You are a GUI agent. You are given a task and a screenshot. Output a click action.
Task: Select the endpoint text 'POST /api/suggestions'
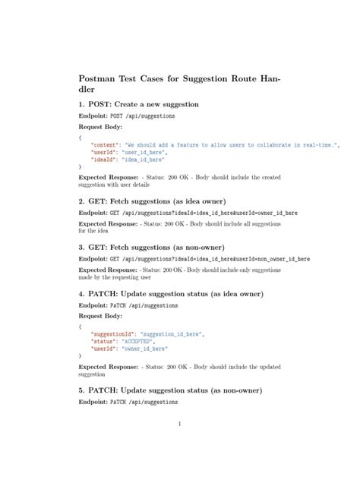point(144,116)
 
